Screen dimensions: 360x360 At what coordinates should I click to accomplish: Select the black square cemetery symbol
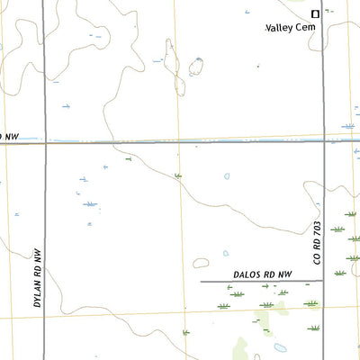tap(315, 13)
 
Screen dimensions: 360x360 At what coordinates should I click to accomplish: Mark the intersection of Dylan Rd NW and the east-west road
tap(45, 142)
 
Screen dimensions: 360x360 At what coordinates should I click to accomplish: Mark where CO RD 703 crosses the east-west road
tap(324, 141)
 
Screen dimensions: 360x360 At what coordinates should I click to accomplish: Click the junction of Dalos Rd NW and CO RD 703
tap(324, 282)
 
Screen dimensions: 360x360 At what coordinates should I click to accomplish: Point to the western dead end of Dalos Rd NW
tap(201, 282)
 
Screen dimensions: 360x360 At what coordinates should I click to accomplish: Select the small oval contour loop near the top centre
tap(195, 66)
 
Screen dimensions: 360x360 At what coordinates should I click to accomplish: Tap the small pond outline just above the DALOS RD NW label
tap(225, 254)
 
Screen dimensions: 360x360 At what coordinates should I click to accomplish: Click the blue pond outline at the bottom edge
tap(280, 347)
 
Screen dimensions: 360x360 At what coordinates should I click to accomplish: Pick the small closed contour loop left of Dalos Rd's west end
tap(193, 265)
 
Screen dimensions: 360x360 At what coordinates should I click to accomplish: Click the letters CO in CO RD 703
tap(317, 258)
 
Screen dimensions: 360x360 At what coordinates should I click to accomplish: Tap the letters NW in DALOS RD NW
tap(284, 274)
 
